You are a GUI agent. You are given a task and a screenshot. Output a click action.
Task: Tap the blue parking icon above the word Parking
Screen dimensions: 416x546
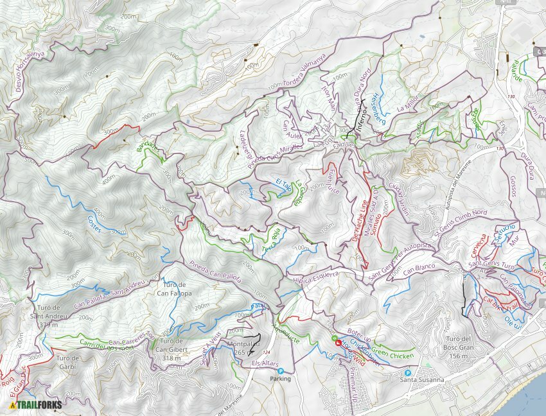(280, 370)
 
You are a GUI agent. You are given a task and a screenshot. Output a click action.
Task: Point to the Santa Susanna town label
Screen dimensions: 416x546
(422, 380)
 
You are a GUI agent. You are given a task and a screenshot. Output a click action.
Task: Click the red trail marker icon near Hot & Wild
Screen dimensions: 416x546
(338, 343)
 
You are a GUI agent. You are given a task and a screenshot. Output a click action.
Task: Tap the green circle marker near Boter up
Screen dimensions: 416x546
(333, 338)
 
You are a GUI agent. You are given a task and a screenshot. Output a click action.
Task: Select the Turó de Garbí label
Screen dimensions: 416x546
(67, 362)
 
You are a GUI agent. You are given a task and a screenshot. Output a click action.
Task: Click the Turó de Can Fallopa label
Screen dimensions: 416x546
(171, 289)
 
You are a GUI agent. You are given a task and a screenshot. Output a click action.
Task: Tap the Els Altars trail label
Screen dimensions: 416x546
(264, 364)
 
